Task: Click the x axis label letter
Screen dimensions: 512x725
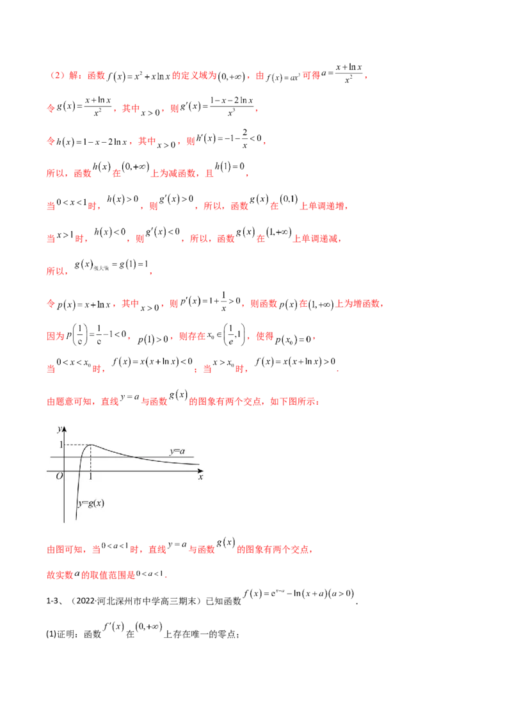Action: [200, 477]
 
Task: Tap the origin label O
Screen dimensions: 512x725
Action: [59, 477]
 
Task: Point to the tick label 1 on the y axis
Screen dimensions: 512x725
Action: [60, 444]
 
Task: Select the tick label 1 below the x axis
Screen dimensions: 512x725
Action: [90, 477]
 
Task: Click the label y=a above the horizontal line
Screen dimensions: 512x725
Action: [177, 452]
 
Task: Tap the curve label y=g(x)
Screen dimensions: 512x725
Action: [91, 503]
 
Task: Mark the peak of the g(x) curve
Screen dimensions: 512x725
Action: [90, 444]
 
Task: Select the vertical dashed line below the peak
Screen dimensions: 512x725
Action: [90, 458]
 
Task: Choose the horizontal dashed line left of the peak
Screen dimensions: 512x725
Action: [77, 444]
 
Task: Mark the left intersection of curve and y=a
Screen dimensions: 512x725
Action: [80, 457]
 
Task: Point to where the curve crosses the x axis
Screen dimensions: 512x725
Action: [79, 471]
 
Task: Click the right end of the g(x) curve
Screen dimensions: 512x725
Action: [200, 464]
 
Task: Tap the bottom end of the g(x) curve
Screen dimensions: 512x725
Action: [76, 520]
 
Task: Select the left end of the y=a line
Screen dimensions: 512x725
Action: [51, 457]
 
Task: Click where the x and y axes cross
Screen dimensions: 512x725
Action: [65, 471]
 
